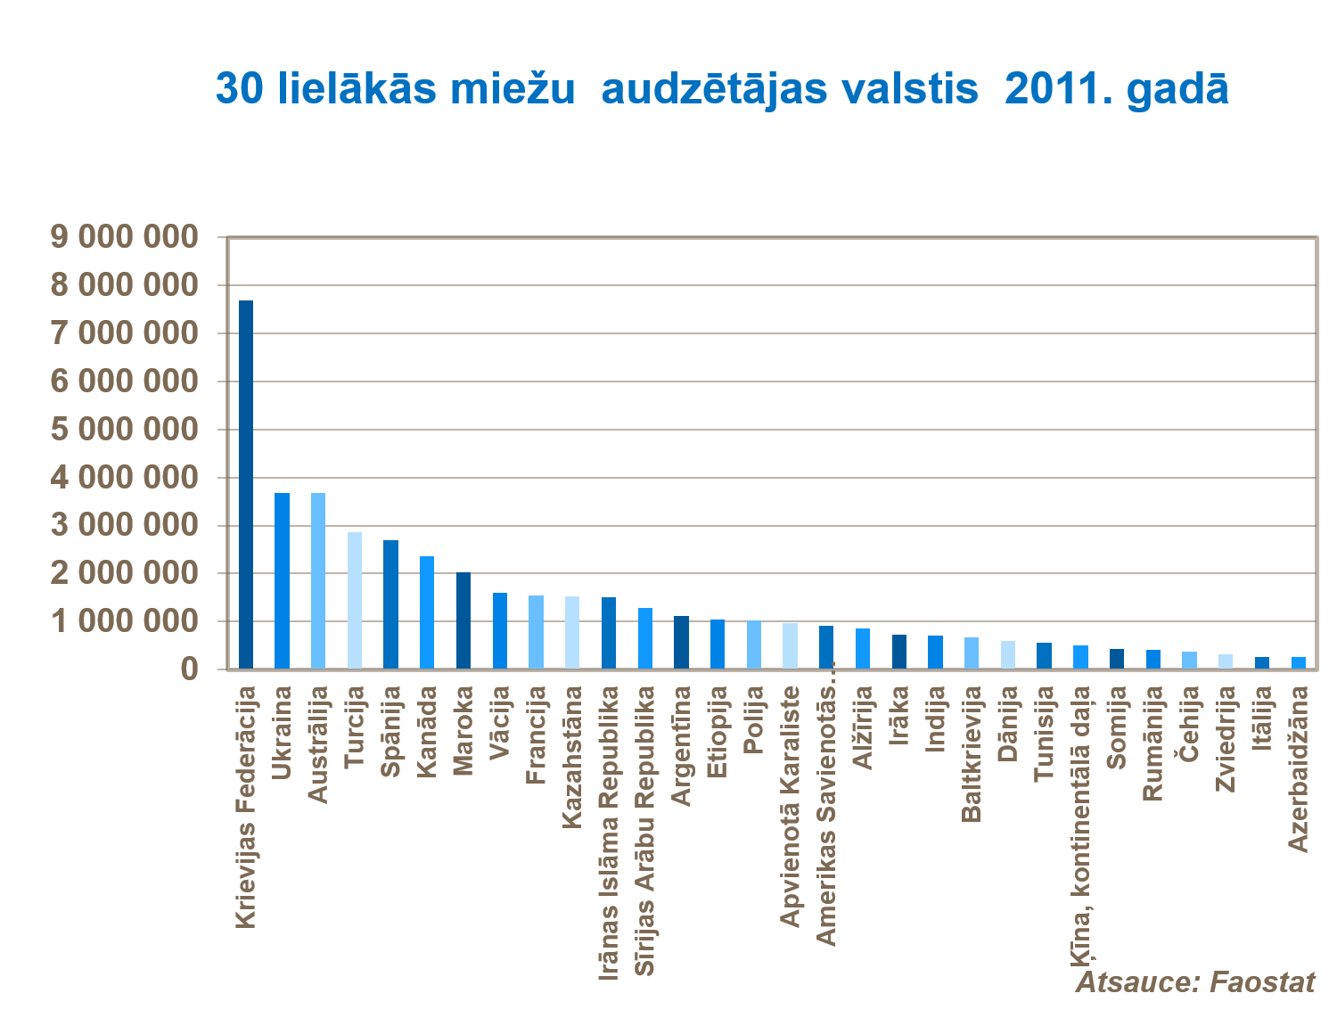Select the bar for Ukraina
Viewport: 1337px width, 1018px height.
(x=282, y=580)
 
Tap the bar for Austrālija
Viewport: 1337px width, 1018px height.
(x=318, y=580)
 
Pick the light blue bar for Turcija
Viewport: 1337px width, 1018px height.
(x=355, y=600)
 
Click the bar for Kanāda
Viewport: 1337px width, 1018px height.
(x=427, y=612)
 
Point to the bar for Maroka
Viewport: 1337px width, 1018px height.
(x=463, y=620)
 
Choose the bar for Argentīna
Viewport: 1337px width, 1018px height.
(x=681, y=642)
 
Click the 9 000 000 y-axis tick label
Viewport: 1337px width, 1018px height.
(x=124, y=237)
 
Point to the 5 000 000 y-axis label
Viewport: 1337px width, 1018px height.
(x=124, y=430)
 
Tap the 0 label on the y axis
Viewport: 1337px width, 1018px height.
(x=189, y=669)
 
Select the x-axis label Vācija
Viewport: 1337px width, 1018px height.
(x=500, y=722)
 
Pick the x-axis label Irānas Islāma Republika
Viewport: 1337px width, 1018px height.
(x=609, y=833)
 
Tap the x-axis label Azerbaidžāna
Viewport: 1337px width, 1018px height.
(x=1299, y=768)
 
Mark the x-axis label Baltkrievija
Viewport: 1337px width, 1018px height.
(x=972, y=753)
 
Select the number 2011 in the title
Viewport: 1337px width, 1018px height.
(x=1050, y=89)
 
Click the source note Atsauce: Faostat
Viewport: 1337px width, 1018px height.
(x=1195, y=982)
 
